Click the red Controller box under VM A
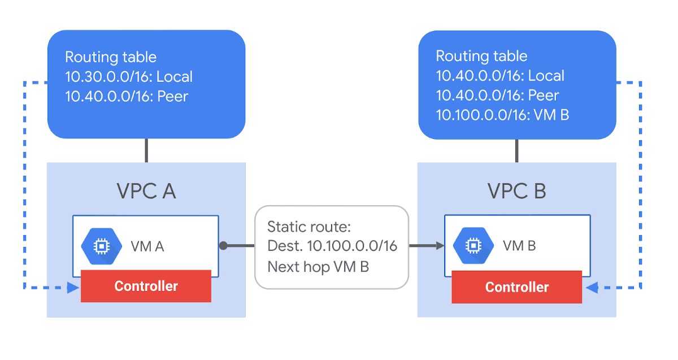coord(146,286)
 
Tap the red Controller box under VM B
coord(516,287)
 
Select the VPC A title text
coord(146,192)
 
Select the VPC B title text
coord(516,192)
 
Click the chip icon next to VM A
coord(101,245)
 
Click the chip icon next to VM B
coord(472,245)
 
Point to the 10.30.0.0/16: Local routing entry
coord(129,77)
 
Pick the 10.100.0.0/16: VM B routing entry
coord(502,115)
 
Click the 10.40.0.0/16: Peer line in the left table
coord(127,96)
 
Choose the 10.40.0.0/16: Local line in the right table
coord(500,76)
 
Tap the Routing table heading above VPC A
coord(111,57)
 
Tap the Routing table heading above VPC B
coord(481,56)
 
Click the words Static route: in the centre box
coord(309,227)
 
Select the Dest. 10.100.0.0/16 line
coord(332,246)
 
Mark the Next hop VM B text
coord(318,266)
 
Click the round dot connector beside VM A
coord(223,246)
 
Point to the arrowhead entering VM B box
coord(439,246)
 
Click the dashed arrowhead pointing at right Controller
coord(590,288)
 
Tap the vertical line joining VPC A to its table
coord(146,150)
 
